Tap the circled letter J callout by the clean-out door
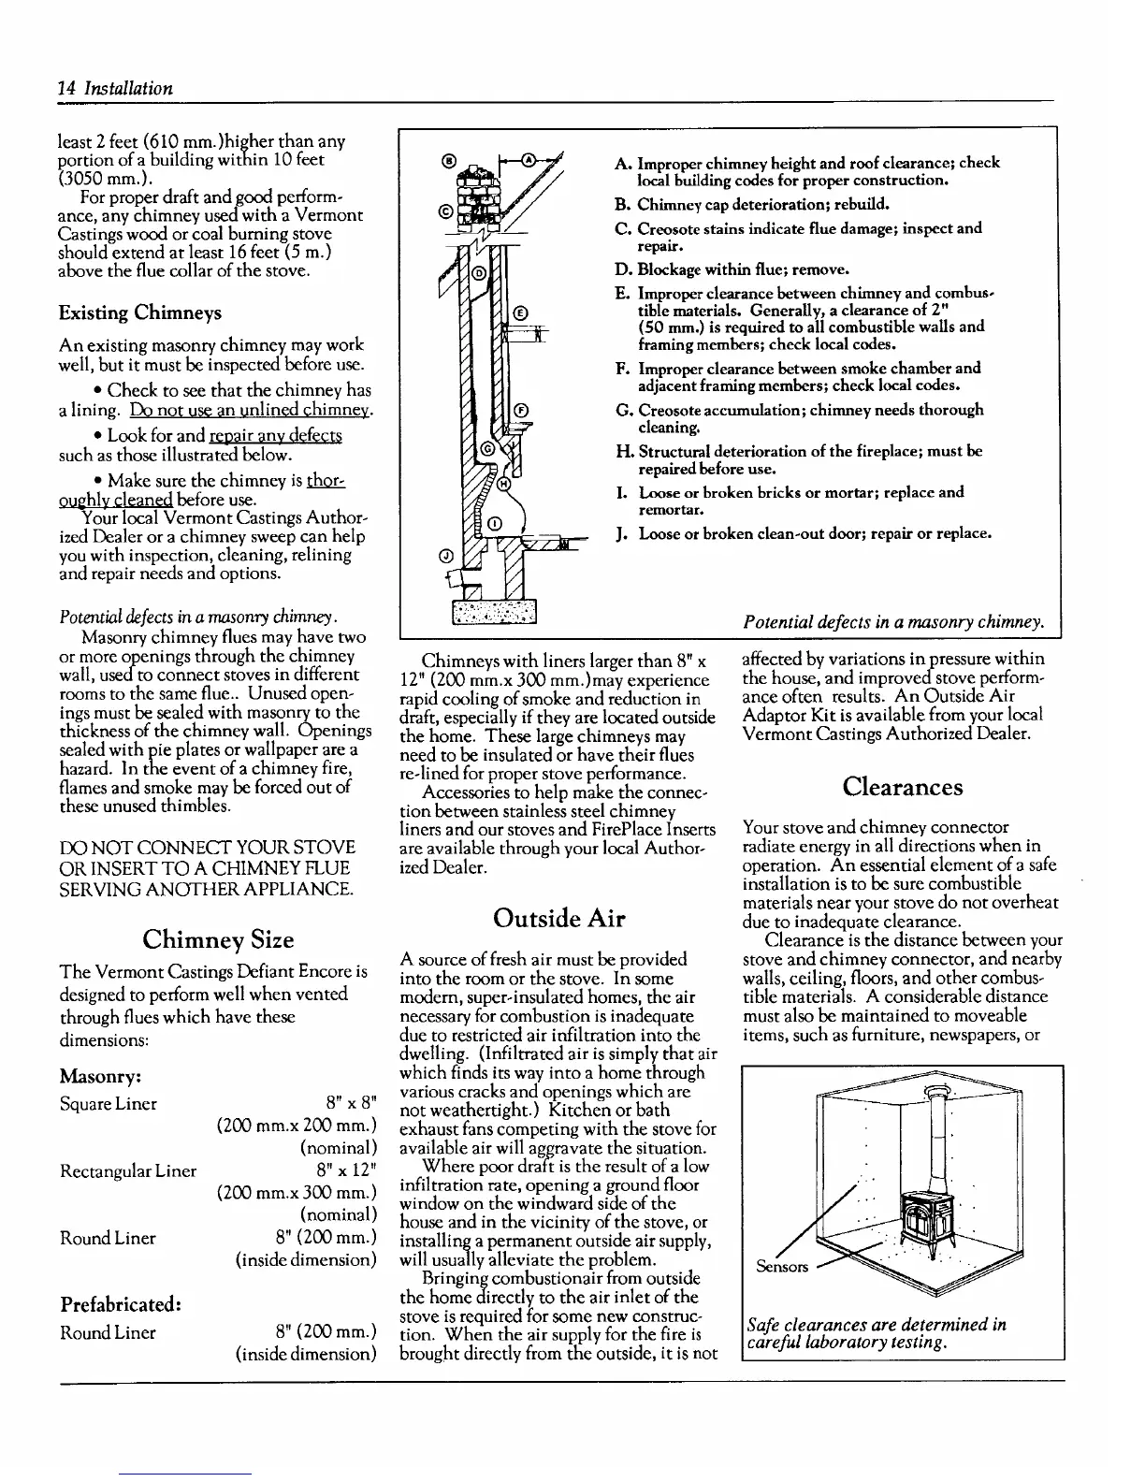coord(446,555)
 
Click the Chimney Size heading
coord(217,939)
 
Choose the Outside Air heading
coord(559,918)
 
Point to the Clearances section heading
coord(902,786)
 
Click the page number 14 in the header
coord(65,89)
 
